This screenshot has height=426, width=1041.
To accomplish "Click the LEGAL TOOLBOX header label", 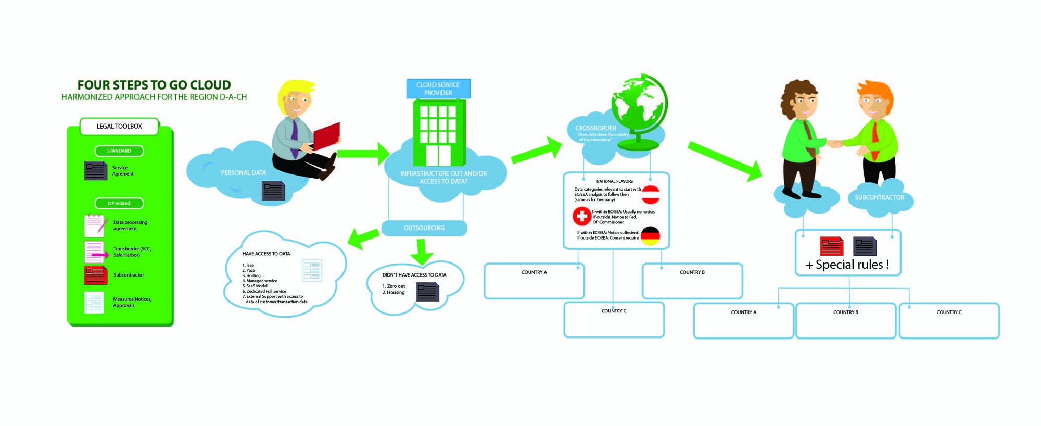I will tap(119, 127).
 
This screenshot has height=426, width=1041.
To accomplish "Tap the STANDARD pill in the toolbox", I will tap(119, 151).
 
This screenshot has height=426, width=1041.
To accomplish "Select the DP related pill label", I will tap(119, 204).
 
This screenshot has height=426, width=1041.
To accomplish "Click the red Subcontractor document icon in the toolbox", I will tap(95, 275).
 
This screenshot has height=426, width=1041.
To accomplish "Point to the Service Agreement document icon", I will tap(95, 171).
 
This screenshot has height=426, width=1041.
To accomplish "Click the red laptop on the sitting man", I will tap(326, 136).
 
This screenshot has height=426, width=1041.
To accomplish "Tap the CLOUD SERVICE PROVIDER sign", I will tap(438, 89).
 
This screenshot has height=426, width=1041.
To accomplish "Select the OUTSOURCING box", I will tap(424, 228).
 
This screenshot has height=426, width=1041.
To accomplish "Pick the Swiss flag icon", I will tap(581, 216).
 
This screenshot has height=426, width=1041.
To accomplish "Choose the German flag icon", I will tap(650, 236).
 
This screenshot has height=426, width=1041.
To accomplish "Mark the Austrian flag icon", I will tap(651, 195).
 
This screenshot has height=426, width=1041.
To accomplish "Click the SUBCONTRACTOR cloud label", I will tap(879, 198).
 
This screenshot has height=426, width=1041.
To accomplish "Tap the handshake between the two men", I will tap(835, 143).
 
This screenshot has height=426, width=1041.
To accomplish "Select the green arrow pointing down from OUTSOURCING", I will tap(422, 252).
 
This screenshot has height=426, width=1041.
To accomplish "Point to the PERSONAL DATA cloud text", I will tap(243, 173).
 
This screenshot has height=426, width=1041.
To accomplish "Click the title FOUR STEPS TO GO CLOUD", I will tap(154, 85).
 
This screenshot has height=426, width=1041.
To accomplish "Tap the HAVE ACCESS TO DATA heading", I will tap(266, 254).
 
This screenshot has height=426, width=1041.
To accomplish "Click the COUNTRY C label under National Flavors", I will tap(614, 311).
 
